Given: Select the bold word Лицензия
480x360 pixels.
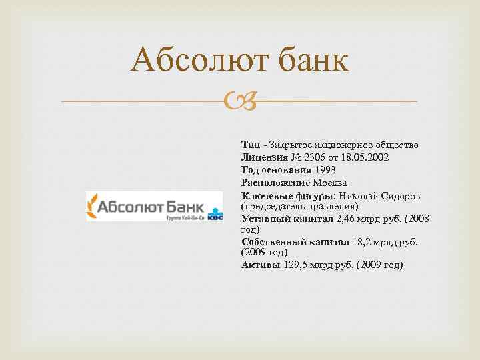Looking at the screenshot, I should (x=265, y=157).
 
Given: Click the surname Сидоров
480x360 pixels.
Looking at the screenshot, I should (x=397, y=195).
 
